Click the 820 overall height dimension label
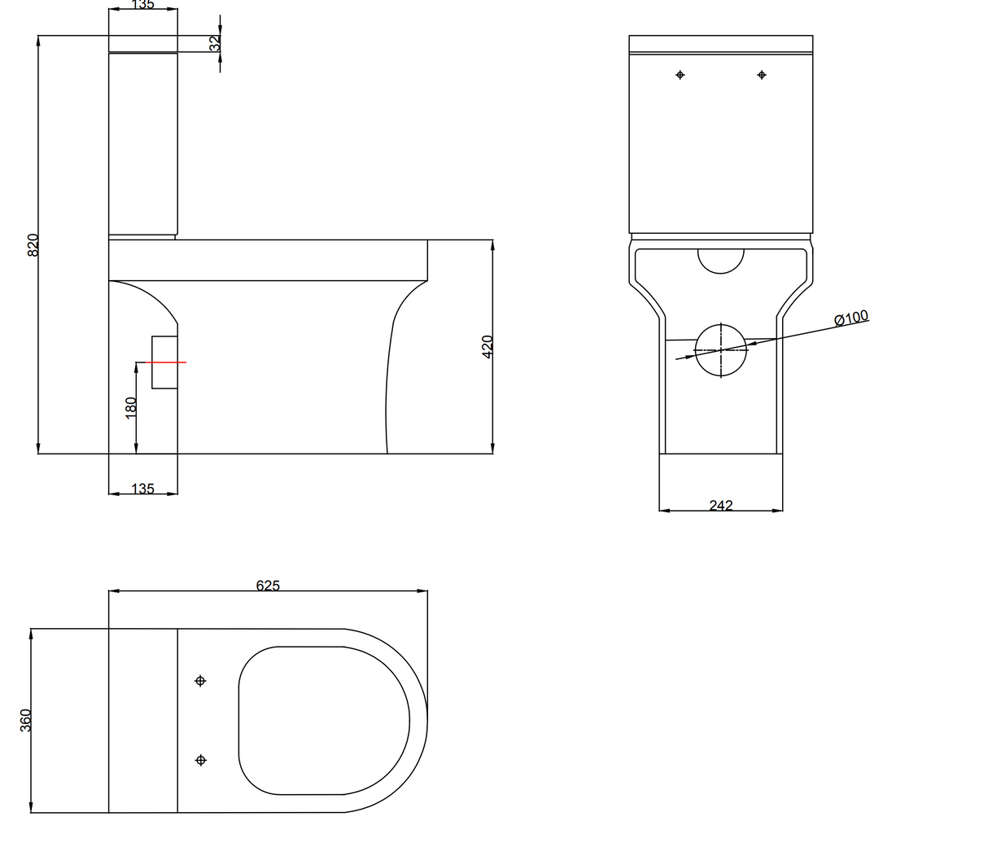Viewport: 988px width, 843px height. pos(33,245)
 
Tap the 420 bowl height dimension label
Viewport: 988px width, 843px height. pos(487,347)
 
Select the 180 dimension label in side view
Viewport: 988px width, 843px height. pos(130,408)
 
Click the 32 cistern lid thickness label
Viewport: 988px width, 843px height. pos(215,43)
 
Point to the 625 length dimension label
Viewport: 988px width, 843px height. pos(268,586)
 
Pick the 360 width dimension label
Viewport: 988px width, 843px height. pos(25,721)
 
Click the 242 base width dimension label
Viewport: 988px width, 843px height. pos(721,505)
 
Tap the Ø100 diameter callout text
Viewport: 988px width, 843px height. pos(851,318)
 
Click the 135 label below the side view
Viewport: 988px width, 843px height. pos(143,489)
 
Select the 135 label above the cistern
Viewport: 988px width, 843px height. pos(143,4)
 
